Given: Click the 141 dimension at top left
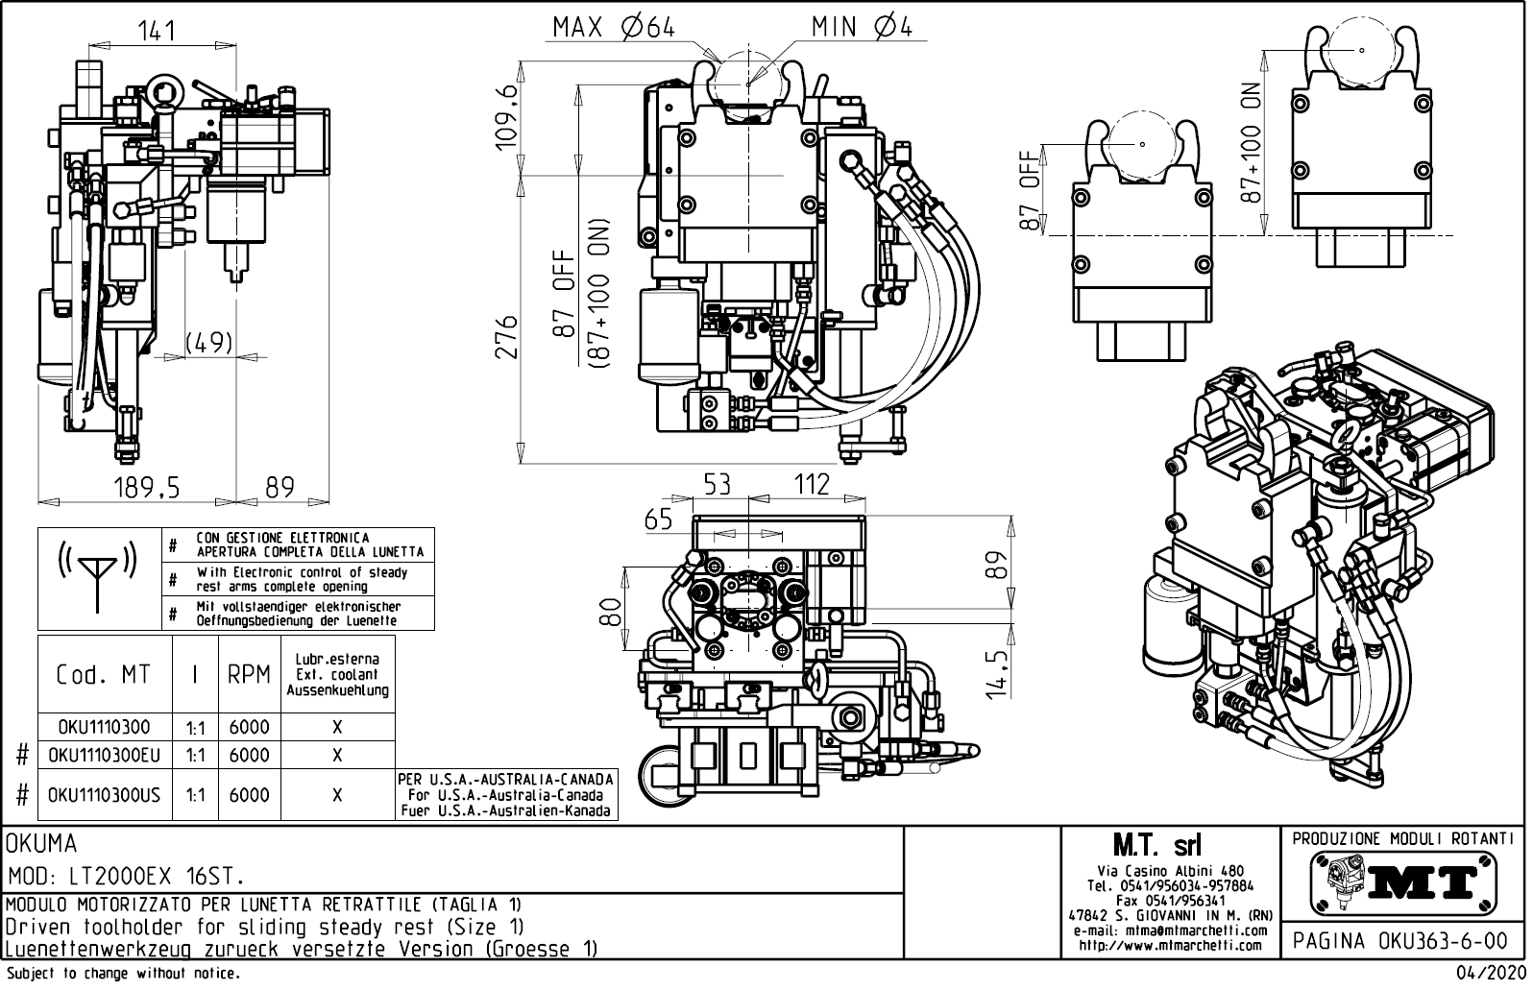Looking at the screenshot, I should [156, 31].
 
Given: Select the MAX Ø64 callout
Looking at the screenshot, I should [613, 28].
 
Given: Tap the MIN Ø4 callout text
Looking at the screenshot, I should [861, 27].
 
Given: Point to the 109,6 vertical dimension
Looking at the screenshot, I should [506, 116].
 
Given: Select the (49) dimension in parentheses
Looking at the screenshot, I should [207, 343].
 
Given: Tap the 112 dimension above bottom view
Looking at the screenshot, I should [812, 484].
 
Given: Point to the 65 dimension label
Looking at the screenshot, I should [658, 519].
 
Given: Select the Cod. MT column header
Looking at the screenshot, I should [104, 675].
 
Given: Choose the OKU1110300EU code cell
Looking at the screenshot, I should [104, 756].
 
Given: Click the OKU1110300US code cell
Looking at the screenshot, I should [104, 795].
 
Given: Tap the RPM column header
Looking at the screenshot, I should [249, 675].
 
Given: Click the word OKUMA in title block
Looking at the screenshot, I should [41, 844].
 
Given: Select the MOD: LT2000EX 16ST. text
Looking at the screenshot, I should [125, 877].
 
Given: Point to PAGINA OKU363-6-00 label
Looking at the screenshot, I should [1403, 940].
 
